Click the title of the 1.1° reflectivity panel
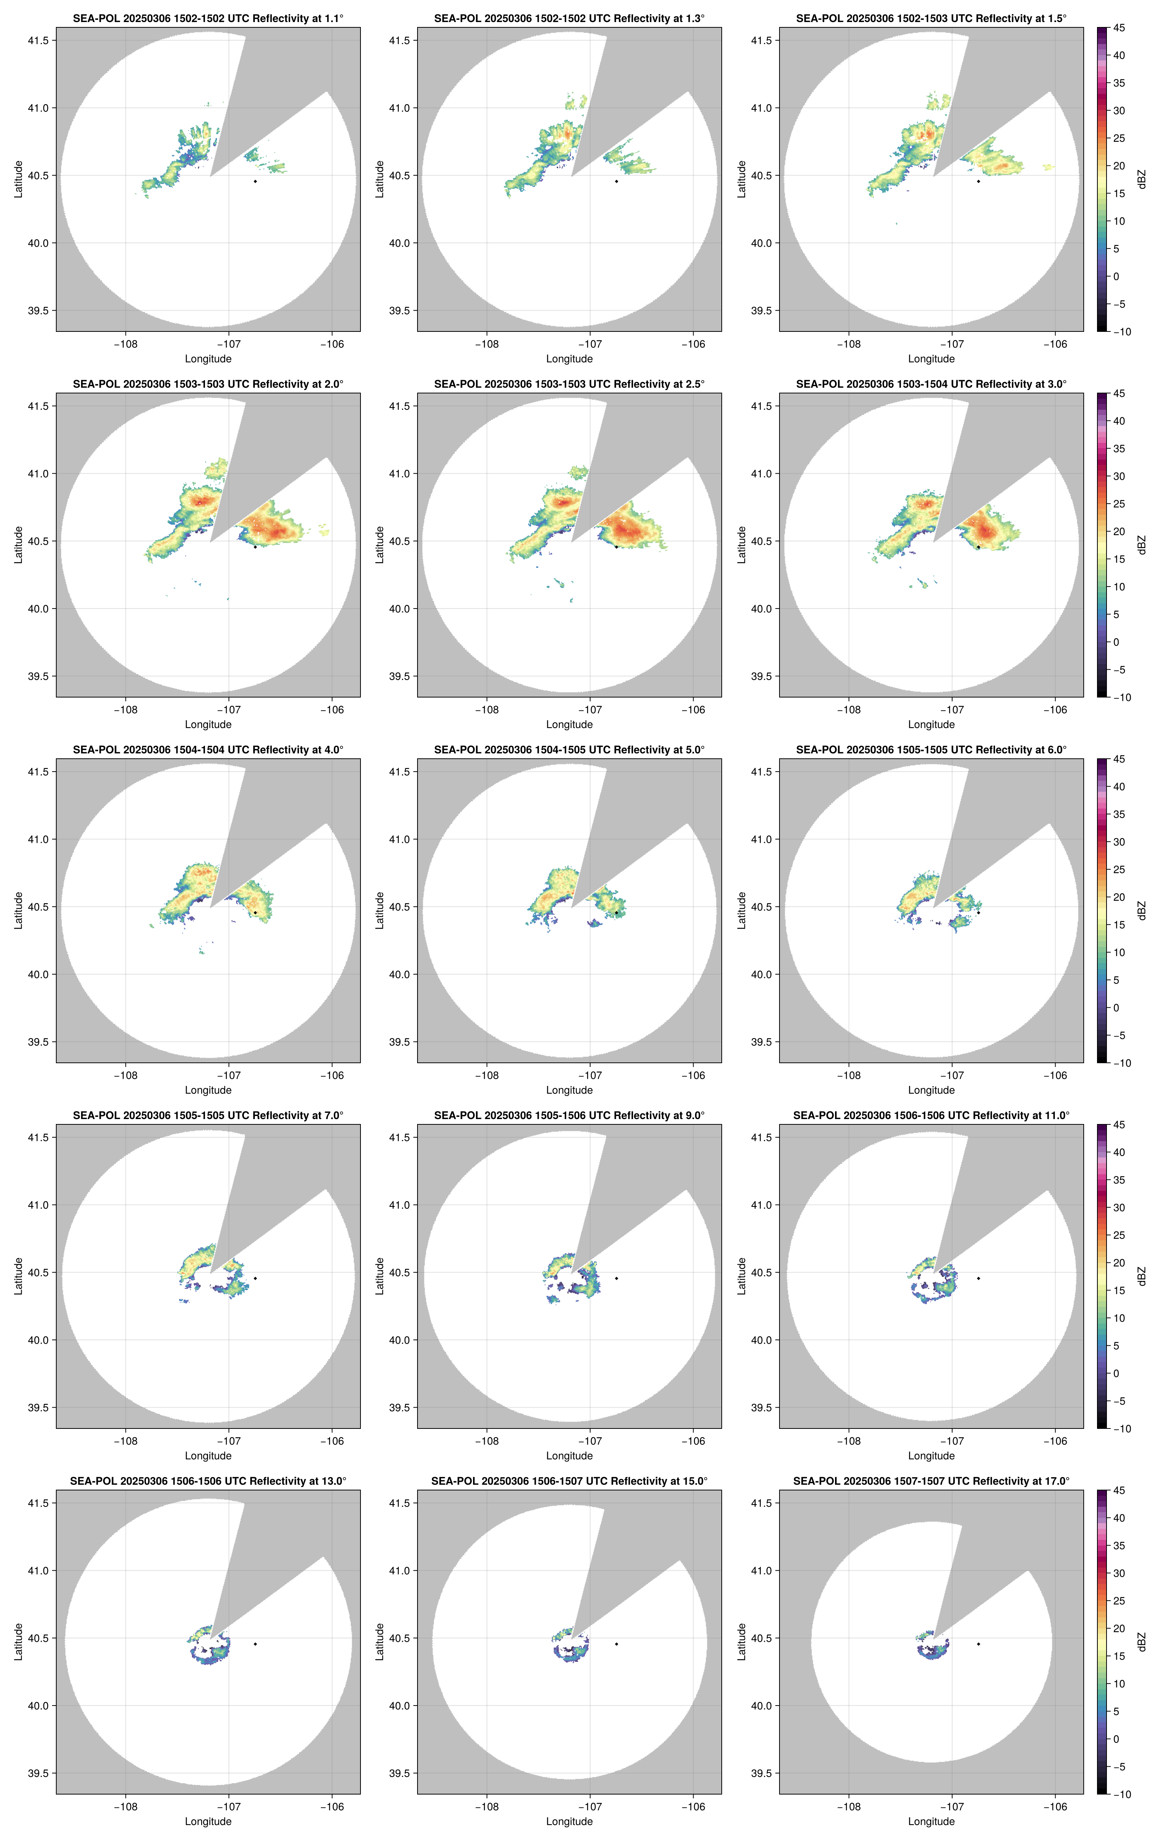click(x=208, y=18)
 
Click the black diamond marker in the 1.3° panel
click(x=616, y=181)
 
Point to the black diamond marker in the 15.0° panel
click(x=616, y=1644)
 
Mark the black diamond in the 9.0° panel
click(x=616, y=1278)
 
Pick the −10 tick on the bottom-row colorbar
click(x=1121, y=1794)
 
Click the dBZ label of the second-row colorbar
click(x=1142, y=545)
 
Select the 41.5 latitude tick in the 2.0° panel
click(x=38, y=406)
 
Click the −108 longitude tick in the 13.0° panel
click(x=125, y=1807)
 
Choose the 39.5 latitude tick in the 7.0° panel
click(x=38, y=1408)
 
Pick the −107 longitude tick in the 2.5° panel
click(x=590, y=709)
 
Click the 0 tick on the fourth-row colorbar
click(x=1116, y=1373)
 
